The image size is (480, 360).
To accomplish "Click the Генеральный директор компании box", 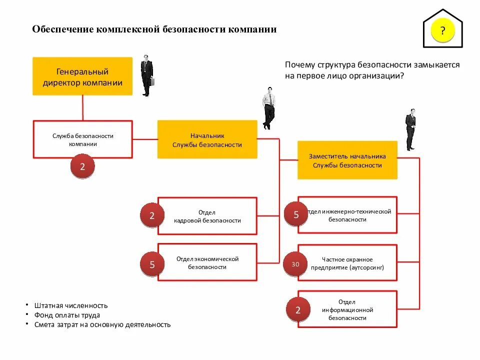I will tap(82, 76).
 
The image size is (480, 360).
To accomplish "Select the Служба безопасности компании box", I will tap(83, 139).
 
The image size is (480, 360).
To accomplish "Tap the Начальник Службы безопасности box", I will tap(207, 140).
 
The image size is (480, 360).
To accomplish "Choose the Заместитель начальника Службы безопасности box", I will tap(347, 160).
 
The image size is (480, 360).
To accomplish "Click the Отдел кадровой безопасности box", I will tap(207, 216).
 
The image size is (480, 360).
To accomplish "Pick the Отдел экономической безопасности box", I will tap(207, 262).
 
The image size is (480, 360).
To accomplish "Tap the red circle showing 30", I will tap(295, 263).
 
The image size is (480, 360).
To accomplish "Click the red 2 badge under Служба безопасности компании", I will tap(82, 167).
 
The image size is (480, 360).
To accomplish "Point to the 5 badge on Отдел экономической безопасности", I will tap(152, 265).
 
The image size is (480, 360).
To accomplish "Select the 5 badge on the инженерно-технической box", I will tap(296, 214).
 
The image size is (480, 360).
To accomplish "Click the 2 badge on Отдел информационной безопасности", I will tap(298, 310).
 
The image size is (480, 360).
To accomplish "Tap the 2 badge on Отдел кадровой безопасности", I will tap(152, 215).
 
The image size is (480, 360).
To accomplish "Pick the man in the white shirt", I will tap(269, 108).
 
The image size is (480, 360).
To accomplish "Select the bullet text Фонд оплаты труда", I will tap(67, 315).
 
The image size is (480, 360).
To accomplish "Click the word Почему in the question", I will tap(300, 65).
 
